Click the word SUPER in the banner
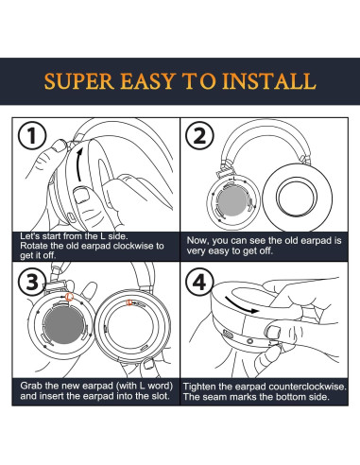pos(79,81)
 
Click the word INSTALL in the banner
pos(268,81)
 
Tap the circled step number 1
pos(32,136)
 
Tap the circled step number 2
pos(199,136)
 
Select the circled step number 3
pos(32,282)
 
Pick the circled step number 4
pos(199,282)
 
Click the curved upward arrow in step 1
pos(79,164)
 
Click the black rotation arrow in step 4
pos(241,305)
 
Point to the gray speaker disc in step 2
pos(232,202)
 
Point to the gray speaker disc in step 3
pos(64,325)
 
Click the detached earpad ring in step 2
pos(297,198)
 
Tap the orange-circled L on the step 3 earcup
pos(69,297)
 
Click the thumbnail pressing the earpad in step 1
pos(81,195)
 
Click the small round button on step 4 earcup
pos(250,341)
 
